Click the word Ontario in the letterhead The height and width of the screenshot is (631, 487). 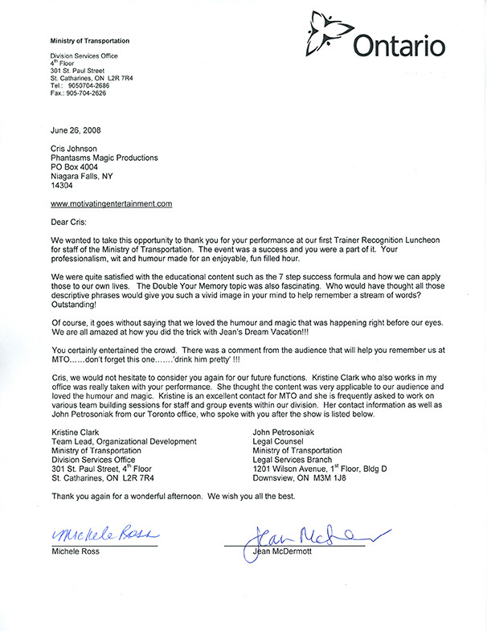399,46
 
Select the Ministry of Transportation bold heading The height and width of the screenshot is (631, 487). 89,40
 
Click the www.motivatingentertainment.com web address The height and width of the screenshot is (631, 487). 111,204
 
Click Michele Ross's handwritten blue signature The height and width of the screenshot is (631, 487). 106,535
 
